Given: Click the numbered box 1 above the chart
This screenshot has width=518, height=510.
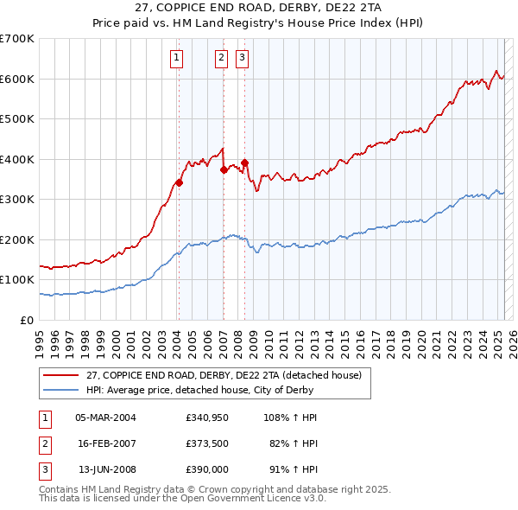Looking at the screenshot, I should pyautogui.click(x=176, y=58).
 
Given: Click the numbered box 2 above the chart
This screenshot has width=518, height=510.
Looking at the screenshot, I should pyautogui.click(x=221, y=58).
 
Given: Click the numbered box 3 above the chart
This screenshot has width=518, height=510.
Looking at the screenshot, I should pyautogui.click(x=242, y=58).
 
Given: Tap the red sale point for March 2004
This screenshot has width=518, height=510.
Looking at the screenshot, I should pyautogui.click(x=180, y=182).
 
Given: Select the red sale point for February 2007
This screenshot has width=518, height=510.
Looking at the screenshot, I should pyautogui.click(x=224, y=169).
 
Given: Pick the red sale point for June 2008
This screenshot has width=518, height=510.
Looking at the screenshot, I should pyautogui.click(x=245, y=163).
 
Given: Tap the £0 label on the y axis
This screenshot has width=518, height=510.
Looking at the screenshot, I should pyautogui.click(x=26, y=320).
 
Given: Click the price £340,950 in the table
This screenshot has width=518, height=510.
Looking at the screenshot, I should pyautogui.click(x=207, y=418).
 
